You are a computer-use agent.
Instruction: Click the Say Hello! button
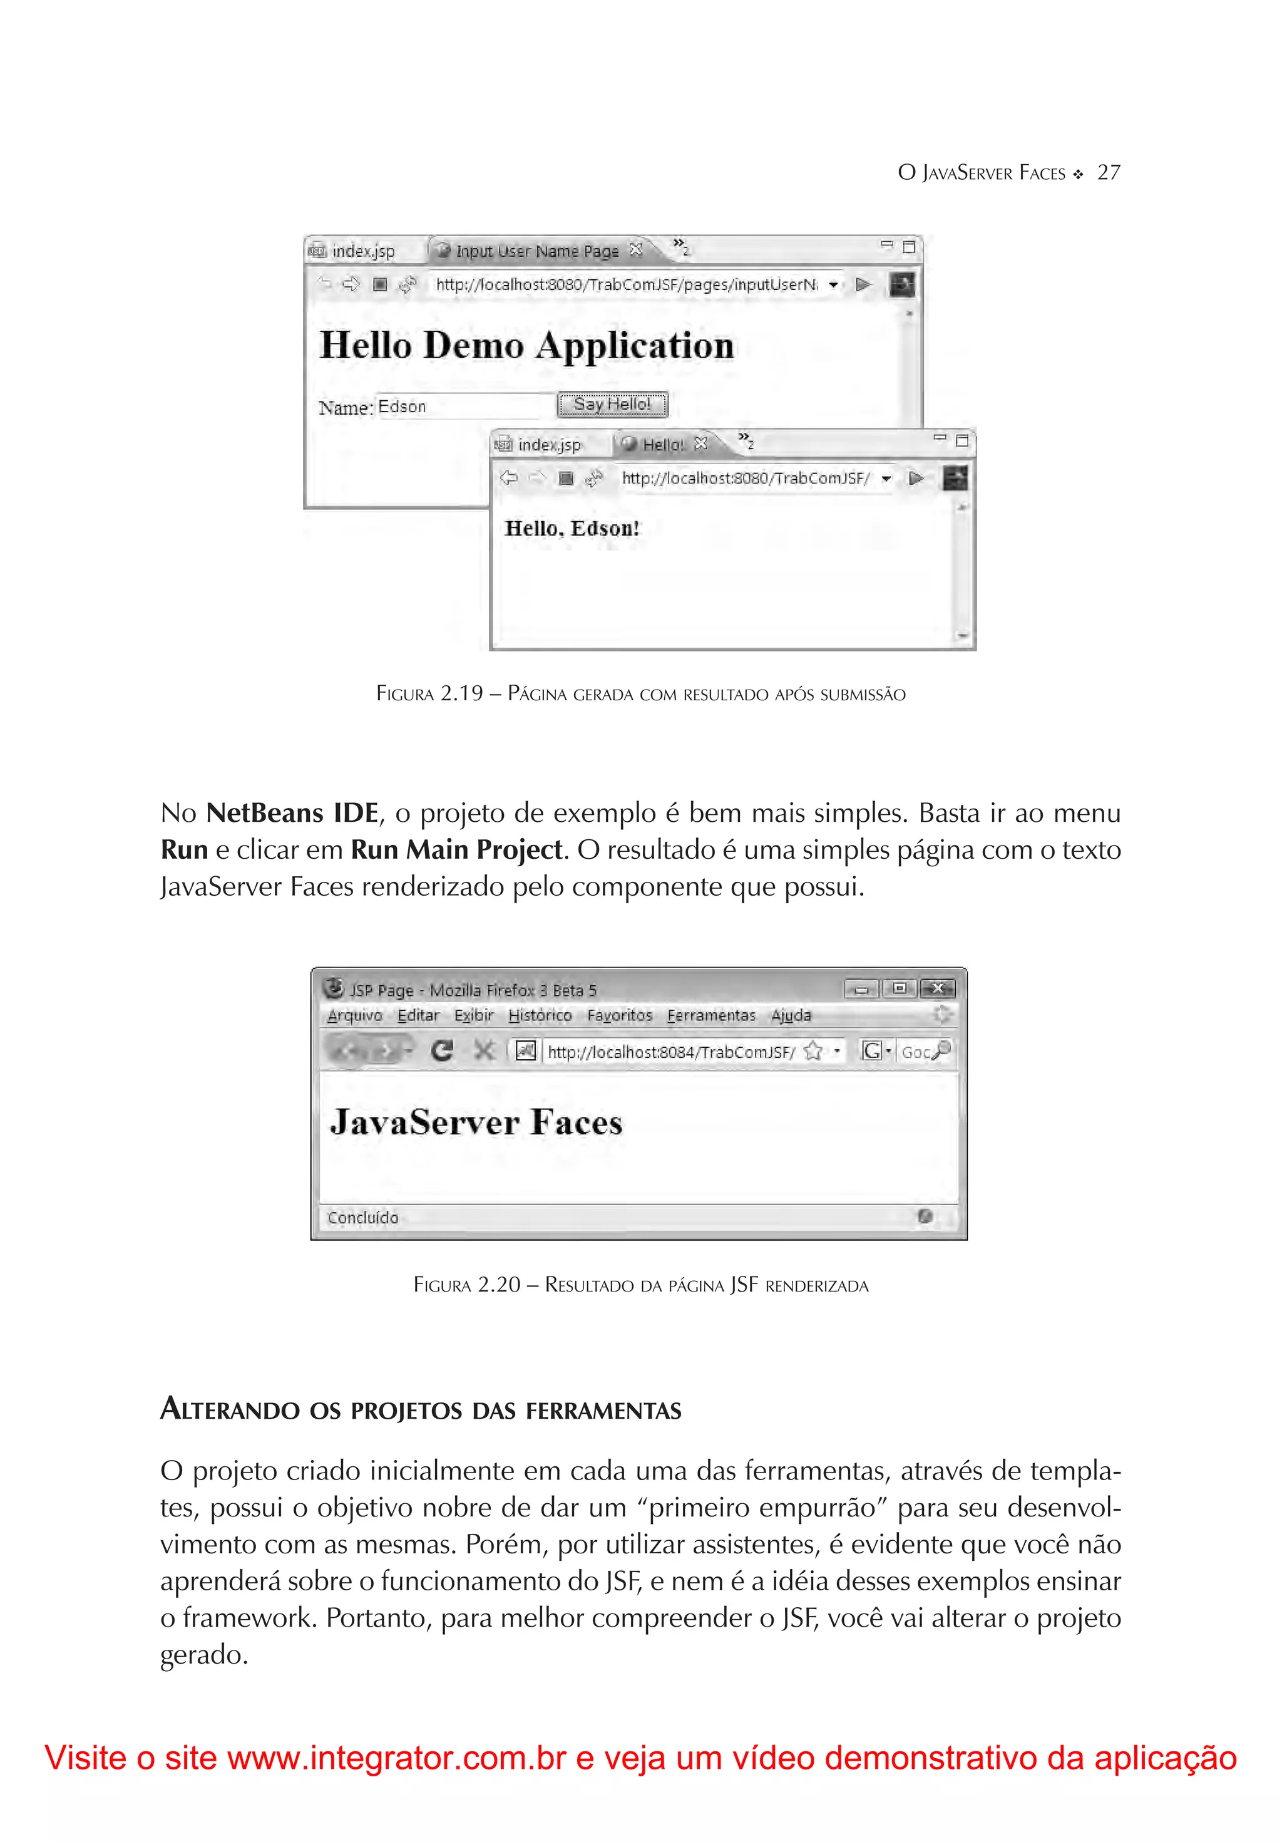tap(612, 404)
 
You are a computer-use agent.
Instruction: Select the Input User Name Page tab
tap(536, 251)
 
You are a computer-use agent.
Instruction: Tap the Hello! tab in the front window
tap(662, 444)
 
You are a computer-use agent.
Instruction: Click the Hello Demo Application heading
tap(526, 345)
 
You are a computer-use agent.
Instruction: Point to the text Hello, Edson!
tap(572, 529)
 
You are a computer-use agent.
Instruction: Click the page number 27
tap(1108, 173)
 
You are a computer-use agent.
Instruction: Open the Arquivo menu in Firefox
tap(354, 1015)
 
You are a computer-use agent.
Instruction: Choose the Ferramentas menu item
tap(711, 1015)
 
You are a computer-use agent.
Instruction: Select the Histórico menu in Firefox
tap(540, 1015)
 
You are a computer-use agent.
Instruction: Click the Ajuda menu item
tap(791, 1015)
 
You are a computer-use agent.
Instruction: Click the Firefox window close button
tap(937, 988)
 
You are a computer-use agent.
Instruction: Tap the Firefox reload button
tap(441, 1050)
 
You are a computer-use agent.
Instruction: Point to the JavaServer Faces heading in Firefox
tap(476, 1122)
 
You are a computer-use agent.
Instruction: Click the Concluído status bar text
tap(363, 1218)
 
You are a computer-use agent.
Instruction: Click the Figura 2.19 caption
tap(640, 694)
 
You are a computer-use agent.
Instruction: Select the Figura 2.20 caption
tap(640, 1285)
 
